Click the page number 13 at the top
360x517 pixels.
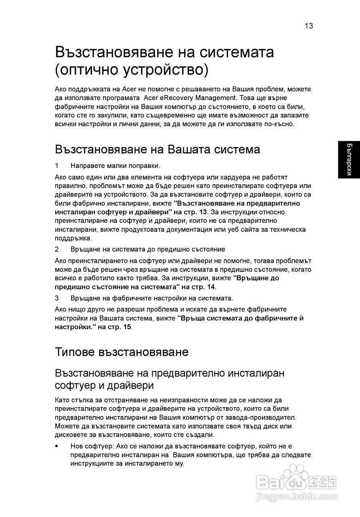309,26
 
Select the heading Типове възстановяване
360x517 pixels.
121,352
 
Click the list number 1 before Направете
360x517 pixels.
57,166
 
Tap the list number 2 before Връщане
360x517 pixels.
57,249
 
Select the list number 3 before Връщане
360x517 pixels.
57,298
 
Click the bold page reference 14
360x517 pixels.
211,287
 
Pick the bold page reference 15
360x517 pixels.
127,327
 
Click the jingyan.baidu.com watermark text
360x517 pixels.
297,496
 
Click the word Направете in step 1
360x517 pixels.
89,166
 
